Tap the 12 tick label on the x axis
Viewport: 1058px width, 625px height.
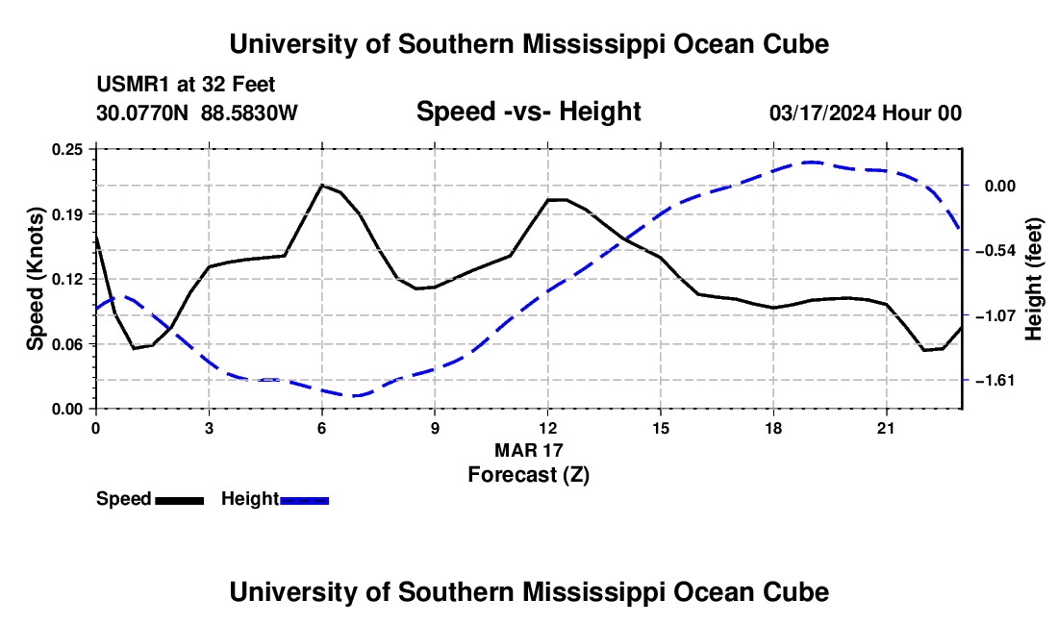point(548,429)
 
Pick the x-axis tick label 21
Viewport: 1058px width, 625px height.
point(886,429)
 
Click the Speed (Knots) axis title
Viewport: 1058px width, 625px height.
point(35,279)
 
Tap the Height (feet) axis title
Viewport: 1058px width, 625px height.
point(1034,279)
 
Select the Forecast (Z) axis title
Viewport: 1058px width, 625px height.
point(529,475)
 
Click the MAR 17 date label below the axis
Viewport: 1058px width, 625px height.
point(529,450)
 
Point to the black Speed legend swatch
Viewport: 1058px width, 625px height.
point(180,501)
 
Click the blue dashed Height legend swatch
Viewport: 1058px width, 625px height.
point(304,501)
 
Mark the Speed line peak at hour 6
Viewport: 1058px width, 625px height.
point(322,185)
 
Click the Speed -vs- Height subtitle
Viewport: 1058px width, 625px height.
point(529,112)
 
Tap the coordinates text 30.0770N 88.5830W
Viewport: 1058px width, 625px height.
point(197,112)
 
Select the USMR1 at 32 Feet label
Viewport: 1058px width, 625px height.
point(186,85)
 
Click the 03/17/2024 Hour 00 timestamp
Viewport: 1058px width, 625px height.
point(866,112)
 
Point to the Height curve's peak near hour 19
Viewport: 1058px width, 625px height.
point(811,162)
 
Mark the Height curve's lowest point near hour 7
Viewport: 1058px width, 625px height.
point(356,396)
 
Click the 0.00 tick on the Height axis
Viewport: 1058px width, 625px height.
point(1000,186)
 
